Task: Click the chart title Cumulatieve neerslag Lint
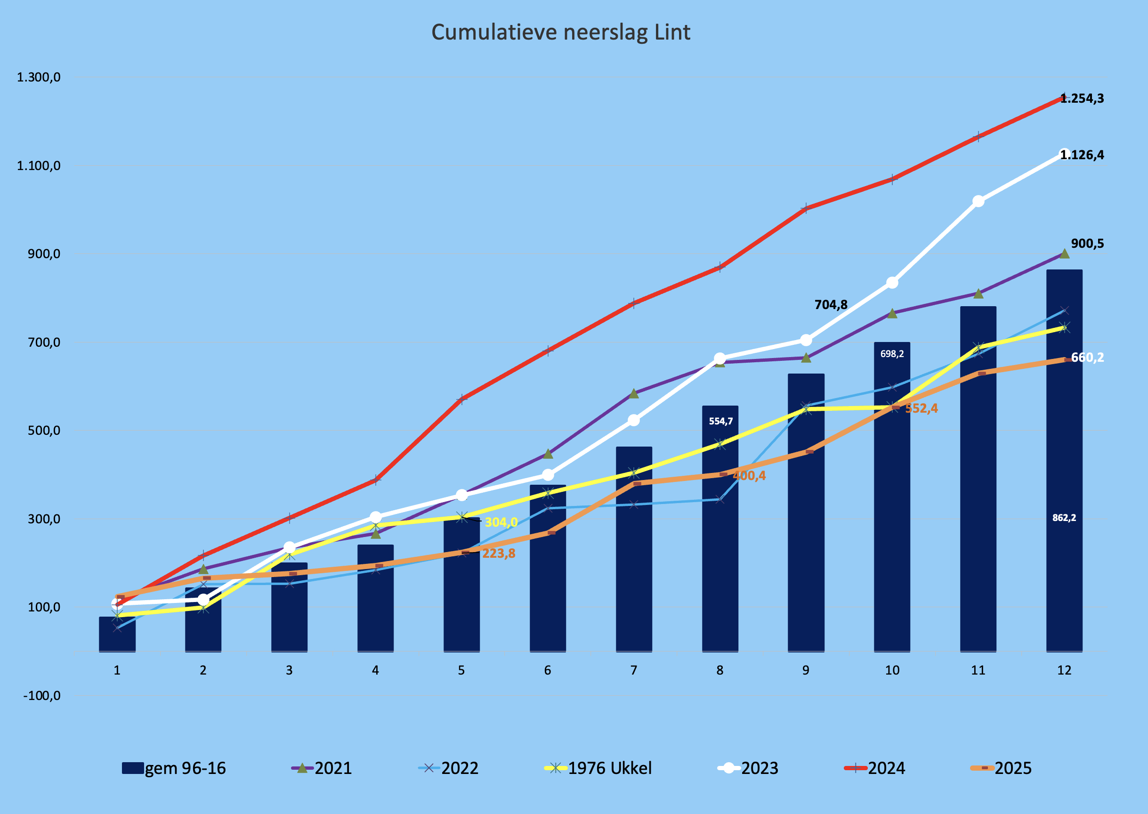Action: [561, 32]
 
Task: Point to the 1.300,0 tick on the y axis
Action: [39, 77]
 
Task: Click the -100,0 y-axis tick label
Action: [41, 696]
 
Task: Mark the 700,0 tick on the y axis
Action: [44, 342]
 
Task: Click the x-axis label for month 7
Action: [633, 670]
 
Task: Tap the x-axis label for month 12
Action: [1064, 670]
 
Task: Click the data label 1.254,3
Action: [1083, 98]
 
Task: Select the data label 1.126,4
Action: [1083, 155]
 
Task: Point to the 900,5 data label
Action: [1087, 244]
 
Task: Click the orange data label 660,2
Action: [1087, 358]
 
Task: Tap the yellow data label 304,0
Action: [501, 522]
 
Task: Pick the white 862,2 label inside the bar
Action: [1064, 518]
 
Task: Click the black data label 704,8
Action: [831, 305]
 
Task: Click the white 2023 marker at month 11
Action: [978, 201]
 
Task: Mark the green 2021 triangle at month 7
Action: [633, 393]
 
